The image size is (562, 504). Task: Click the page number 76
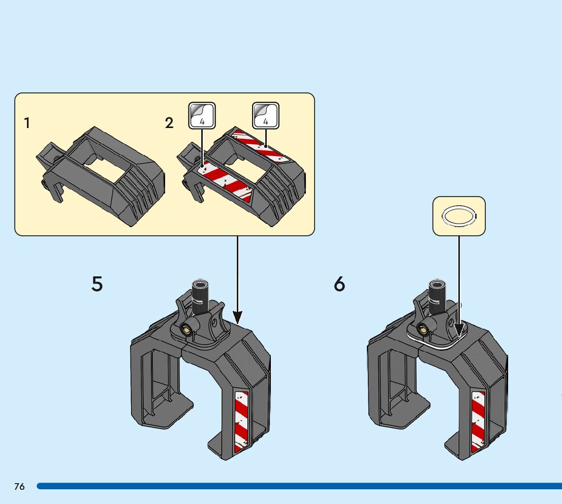click(x=19, y=487)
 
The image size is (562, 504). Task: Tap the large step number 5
click(x=97, y=283)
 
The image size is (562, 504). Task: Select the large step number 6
click(x=339, y=284)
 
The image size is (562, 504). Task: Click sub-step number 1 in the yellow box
click(x=27, y=123)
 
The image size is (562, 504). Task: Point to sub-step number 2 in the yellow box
click(x=169, y=123)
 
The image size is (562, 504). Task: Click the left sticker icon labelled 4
click(x=202, y=115)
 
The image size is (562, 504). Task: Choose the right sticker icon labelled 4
click(x=266, y=115)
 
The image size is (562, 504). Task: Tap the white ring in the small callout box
click(x=459, y=216)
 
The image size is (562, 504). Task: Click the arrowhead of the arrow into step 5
click(x=237, y=317)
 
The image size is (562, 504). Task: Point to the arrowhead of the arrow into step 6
click(x=459, y=330)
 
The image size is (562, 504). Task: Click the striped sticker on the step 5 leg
click(x=241, y=422)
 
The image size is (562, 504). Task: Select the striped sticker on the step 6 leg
click(x=478, y=422)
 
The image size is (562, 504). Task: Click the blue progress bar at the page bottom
click(x=300, y=486)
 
